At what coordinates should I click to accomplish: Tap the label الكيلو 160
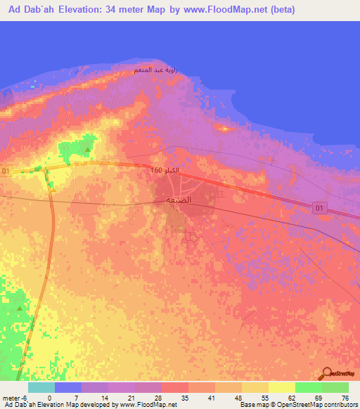[164, 171]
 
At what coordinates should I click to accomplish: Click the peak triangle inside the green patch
[87, 149]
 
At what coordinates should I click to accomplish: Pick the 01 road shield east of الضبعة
[320, 206]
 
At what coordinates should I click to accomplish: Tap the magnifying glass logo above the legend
[328, 372]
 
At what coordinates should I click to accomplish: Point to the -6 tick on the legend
[25, 398]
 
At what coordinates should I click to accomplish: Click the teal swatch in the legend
[41, 387]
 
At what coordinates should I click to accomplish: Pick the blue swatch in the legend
[68, 387]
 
